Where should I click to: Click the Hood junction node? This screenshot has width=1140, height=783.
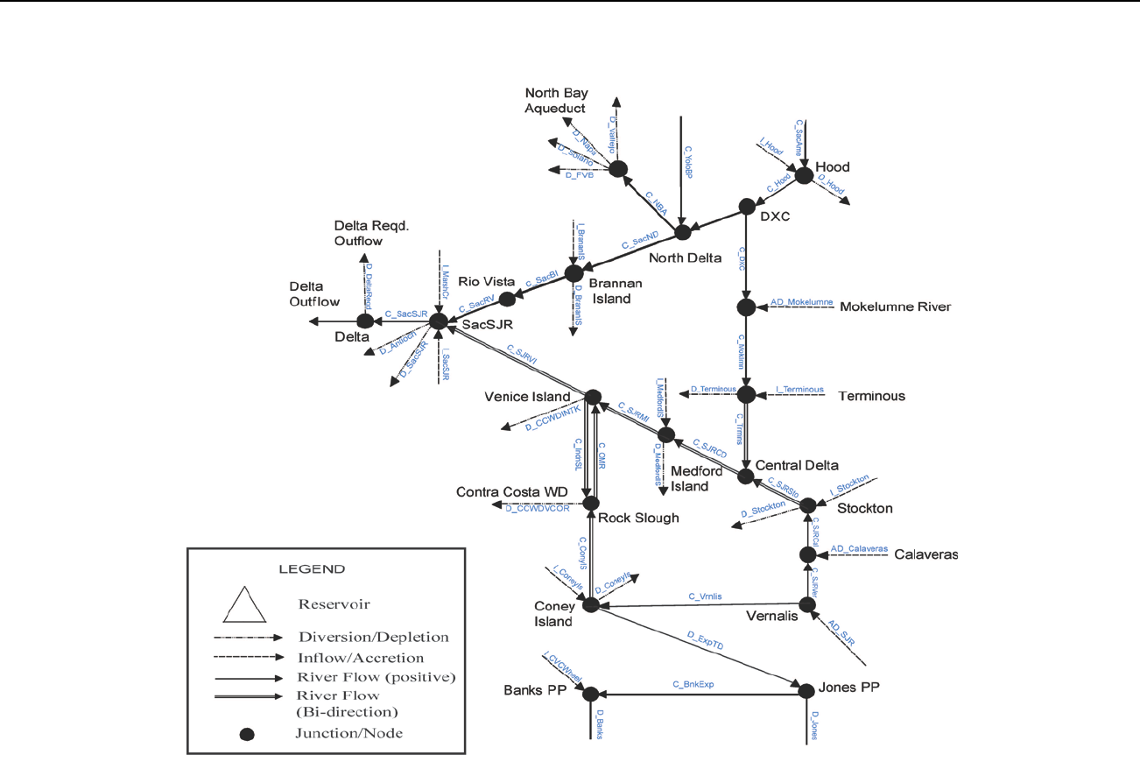[803, 176]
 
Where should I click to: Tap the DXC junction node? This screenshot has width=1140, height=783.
[747, 207]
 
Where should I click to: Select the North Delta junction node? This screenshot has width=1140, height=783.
[683, 233]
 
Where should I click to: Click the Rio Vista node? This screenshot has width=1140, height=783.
[506, 300]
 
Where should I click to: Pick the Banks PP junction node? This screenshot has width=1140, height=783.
[590, 694]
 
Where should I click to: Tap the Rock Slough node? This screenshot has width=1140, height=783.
[591, 503]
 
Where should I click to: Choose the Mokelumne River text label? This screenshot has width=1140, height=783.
[895, 307]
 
